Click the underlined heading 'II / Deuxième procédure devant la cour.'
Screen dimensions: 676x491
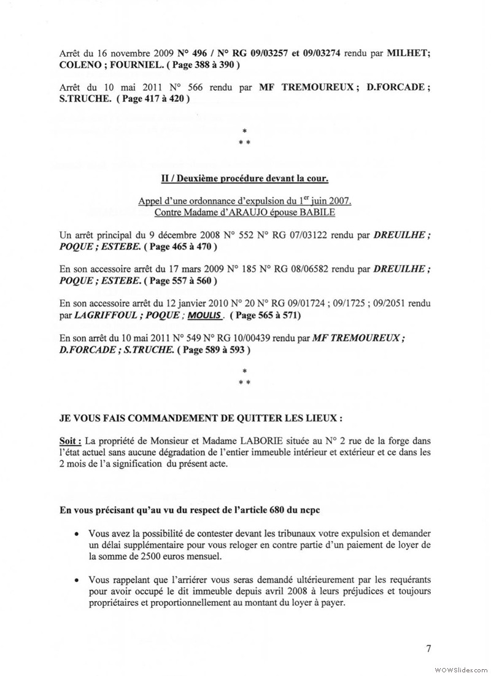244,179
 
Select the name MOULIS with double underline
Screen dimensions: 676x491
206,315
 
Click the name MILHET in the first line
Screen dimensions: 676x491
407,52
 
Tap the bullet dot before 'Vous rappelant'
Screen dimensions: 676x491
75,580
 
